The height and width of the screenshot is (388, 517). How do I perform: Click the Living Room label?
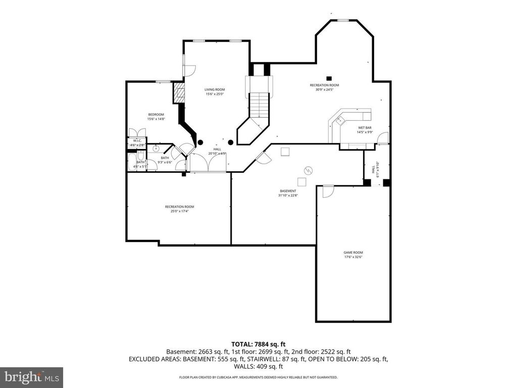tap(214, 89)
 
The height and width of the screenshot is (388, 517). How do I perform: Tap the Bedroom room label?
tap(156, 115)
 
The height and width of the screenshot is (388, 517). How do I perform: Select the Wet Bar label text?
tap(365, 128)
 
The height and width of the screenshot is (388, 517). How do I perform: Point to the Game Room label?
tap(353, 253)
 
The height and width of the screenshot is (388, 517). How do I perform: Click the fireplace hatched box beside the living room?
tap(178, 93)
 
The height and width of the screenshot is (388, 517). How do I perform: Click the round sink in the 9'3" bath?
tap(156, 149)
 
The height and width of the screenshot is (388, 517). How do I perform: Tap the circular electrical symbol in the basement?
tap(307, 170)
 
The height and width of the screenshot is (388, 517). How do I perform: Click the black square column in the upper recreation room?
tap(329, 78)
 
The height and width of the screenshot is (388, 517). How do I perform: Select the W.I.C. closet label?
tap(137, 140)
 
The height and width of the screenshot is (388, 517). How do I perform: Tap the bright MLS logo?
tap(31, 376)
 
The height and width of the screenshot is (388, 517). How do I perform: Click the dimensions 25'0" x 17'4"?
tap(179, 211)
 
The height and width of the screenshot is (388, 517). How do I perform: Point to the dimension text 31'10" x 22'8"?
tap(288, 196)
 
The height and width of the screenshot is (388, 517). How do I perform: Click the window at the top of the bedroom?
tap(162, 81)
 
